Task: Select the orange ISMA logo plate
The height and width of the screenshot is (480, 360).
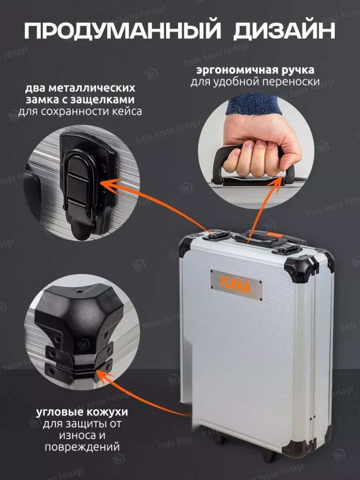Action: (236, 285)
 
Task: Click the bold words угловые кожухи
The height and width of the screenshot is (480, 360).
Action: (82, 412)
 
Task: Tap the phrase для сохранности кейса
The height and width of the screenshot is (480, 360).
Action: (80, 111)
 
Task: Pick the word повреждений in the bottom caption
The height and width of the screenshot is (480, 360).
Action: (82, 447)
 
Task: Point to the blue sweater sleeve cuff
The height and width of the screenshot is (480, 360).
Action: (254, 103)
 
